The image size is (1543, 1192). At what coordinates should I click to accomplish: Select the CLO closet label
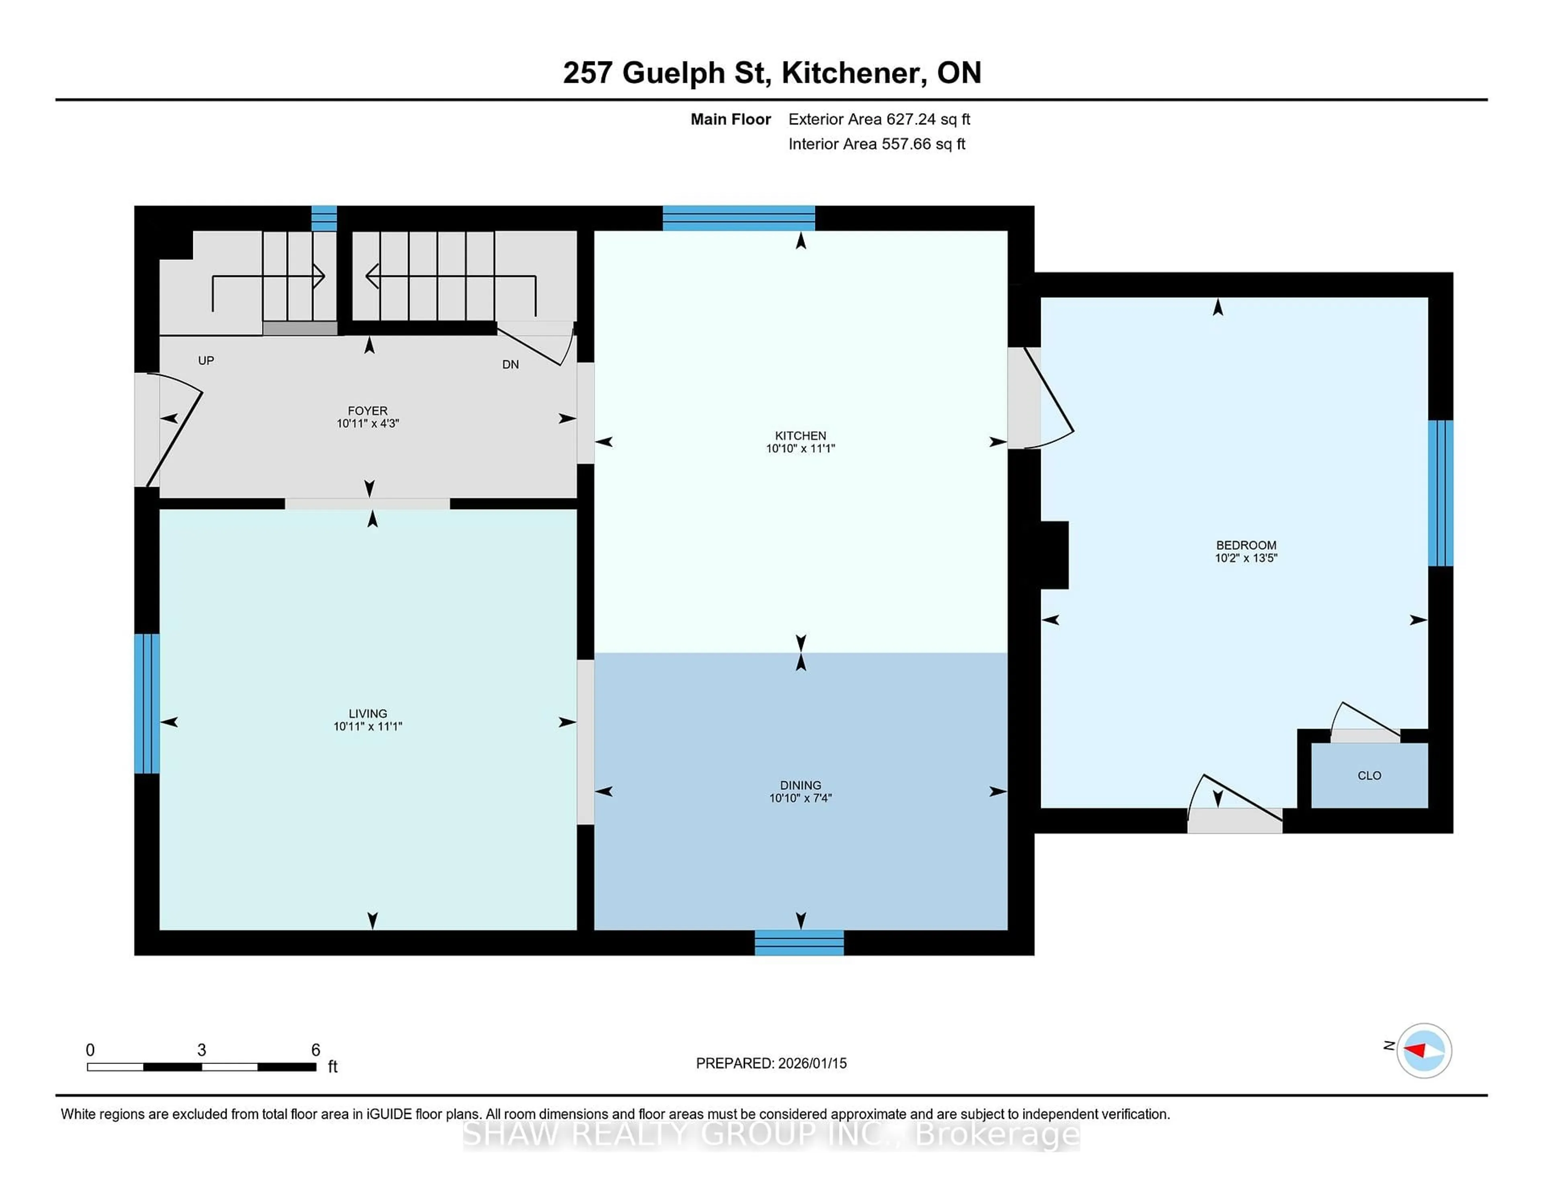[1369, 776]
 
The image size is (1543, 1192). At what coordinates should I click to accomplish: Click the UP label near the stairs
[206, 361]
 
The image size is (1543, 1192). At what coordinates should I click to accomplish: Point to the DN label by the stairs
[510, 364]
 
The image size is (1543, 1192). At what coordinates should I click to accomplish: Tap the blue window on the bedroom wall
[1440, 493]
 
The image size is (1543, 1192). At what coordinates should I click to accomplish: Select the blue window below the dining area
[799, 942]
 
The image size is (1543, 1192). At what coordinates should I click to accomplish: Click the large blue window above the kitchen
[738, 218]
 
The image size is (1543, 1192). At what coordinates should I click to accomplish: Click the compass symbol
[1424, 1050]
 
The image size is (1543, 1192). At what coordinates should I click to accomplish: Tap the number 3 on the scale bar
[201, 1050]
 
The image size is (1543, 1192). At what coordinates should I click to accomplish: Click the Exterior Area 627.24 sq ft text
[879, 119]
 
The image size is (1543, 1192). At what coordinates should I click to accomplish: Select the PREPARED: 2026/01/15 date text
[771, 1063]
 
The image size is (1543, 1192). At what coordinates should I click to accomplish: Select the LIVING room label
[367, 713]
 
